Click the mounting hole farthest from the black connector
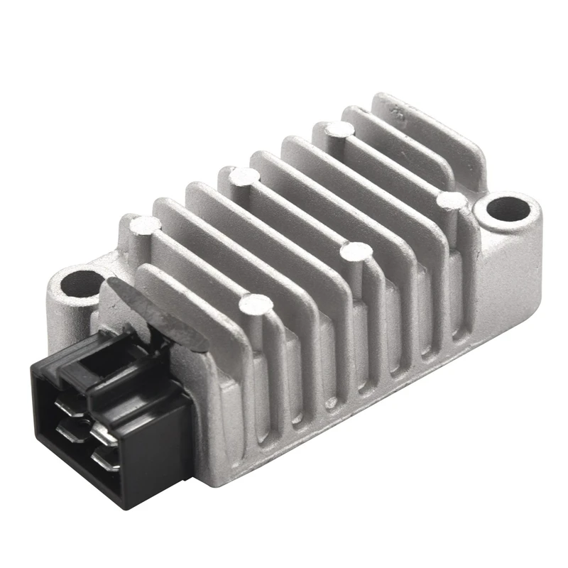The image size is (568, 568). [x=508, y=210]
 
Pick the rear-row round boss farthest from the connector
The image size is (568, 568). [x=337, y=129]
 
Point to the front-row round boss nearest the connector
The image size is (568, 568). [x=255, y=304]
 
